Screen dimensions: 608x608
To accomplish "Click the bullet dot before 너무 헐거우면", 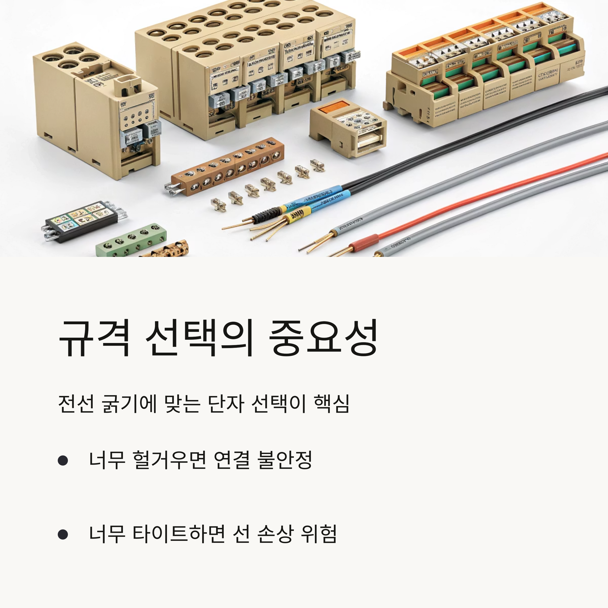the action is click(63, 460).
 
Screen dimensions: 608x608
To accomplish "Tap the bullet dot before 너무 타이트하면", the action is click(63, 534).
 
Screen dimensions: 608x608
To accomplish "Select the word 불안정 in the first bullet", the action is click(284, 460).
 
